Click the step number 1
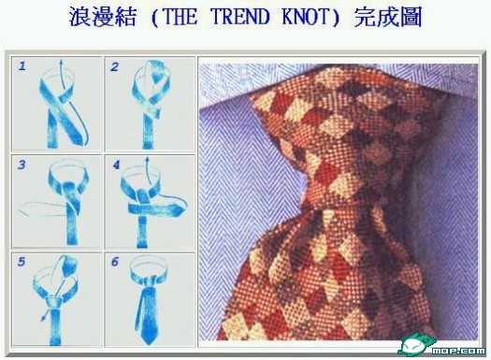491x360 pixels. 22,66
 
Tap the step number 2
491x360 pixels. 114,66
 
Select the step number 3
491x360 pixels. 22,165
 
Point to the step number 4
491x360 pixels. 116,165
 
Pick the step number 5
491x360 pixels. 22,262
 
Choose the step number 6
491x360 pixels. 115,262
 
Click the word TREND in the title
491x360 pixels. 239,17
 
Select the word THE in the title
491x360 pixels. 181,17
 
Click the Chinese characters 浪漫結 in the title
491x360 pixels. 103,17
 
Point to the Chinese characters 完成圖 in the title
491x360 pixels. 388,17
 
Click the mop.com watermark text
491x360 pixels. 458,351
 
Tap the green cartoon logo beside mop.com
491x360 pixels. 415,345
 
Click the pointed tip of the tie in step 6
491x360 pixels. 148,343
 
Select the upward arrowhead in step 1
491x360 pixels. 61,62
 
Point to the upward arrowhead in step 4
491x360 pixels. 147,160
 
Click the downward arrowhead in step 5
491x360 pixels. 43,318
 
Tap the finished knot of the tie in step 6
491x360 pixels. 148,284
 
